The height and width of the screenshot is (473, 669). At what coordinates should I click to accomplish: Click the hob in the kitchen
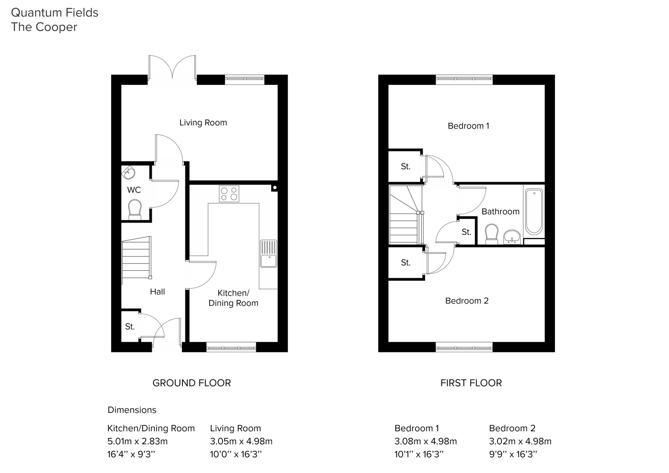[x=229, y=194]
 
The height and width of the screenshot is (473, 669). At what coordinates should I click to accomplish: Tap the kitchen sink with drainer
[x=269, y=253]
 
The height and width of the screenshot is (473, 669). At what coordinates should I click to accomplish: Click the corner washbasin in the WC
[x=128, y=172]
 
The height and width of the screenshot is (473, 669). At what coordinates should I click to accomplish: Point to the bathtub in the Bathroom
[x=534, y=211]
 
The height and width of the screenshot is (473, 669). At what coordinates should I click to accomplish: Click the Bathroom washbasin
[x=512, y=237]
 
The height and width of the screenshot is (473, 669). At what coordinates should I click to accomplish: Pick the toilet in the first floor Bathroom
[x=492, y=234]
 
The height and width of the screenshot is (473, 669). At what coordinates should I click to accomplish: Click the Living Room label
[x=203, y=123]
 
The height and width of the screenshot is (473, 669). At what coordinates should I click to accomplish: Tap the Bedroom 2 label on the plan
[x=467, y=301]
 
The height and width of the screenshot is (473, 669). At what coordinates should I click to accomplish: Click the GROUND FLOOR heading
[x=191, y=383]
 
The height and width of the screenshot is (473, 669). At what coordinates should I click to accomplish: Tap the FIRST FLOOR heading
[x=471, y=383]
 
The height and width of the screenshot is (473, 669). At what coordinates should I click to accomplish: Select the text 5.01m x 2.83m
[x=137, y=441]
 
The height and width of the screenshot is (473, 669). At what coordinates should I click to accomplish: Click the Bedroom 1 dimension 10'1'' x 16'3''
[x=419, y=454]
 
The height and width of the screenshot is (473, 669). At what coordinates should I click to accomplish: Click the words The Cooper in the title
[x=44, y=27]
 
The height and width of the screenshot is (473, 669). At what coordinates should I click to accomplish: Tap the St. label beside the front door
[x=130, y=327]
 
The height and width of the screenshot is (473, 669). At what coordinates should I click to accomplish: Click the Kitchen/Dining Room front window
[x=231, y=347]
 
